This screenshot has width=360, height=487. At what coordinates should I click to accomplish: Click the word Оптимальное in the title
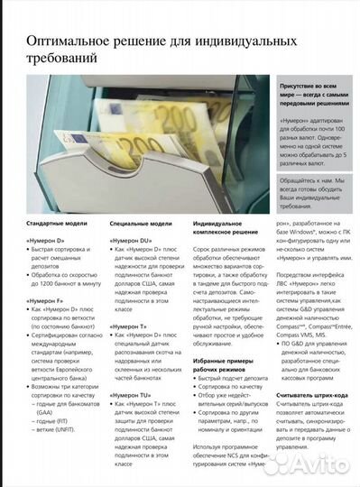tap(72, 41)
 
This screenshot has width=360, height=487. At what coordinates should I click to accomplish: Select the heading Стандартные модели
tap(56, 222)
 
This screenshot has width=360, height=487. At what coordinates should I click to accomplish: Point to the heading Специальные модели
tap(140, 222)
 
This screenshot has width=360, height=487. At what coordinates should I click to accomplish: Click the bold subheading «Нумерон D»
tap(45, 243)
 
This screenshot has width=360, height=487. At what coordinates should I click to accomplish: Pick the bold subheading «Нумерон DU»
tap(131, 243)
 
